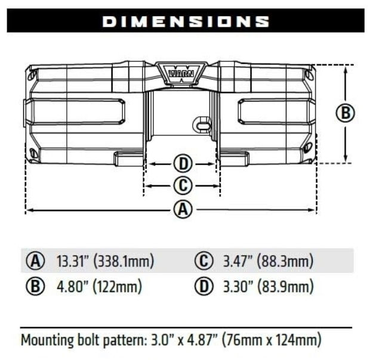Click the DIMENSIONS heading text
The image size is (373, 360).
click(186, 21)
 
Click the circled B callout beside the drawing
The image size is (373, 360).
click(345, 113)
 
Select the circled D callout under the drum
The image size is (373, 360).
click(182, 163)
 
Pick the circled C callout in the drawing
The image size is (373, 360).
click(182, 186)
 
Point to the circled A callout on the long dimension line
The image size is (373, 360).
click(182, 210)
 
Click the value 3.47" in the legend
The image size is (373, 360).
click(238, 261)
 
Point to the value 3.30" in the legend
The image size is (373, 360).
click(238, 287)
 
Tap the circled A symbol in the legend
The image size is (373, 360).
click(36, 261)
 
